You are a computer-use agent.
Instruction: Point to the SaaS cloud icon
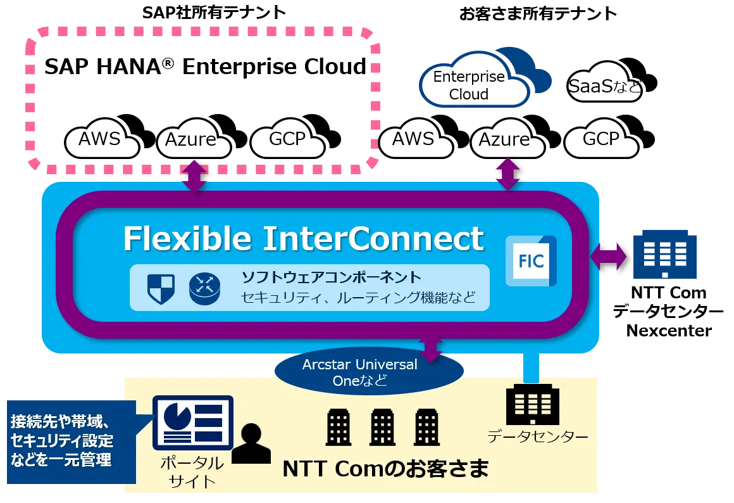[611, 80]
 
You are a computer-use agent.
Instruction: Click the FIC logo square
[532, 261]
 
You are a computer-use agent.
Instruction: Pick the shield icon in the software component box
[161, 288]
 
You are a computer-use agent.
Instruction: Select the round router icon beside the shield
[204, 289]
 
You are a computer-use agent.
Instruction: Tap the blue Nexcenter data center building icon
[665, 255]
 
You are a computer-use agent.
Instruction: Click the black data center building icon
[533, 405]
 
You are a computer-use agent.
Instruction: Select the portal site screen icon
[193, 423]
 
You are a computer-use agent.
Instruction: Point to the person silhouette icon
[251, 443]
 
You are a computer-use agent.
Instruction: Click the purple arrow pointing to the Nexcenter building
[609, 257]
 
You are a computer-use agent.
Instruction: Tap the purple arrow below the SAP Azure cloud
[195, 176]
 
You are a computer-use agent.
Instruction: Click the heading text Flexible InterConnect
[303, 239]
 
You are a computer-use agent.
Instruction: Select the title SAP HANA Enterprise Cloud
[205, 66]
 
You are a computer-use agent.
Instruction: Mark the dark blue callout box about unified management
[72, 442]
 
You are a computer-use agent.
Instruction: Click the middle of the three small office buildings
[382, 427]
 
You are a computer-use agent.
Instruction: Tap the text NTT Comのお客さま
[386, 469]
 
